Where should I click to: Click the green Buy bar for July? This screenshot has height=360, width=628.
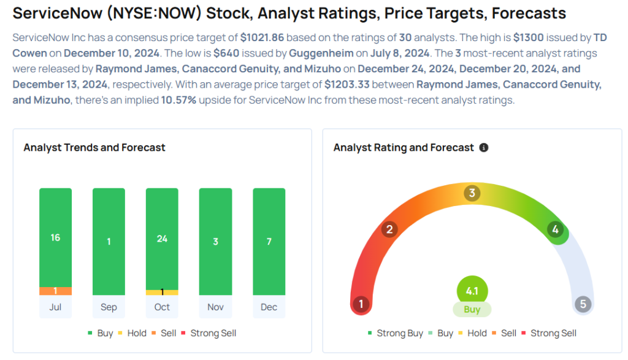[55, 237]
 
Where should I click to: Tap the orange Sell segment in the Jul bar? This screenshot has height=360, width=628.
[55, 291]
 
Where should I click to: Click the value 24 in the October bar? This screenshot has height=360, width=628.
[162, 239]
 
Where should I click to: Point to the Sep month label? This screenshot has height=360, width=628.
[109, 307]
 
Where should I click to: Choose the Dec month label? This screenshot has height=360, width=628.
[269, 307]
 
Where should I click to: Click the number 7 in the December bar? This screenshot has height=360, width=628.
[269, 242]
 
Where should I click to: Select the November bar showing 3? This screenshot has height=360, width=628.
[215, 242]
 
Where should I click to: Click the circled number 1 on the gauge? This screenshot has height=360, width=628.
[361, 304]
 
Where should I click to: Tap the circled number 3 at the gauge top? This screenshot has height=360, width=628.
[472, 194]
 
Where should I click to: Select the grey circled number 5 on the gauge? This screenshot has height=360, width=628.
[583, 304]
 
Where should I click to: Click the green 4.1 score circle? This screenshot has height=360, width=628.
[472, 291]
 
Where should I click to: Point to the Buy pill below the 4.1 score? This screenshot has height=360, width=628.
[472, 310]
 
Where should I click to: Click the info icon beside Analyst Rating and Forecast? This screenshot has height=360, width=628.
[484, 148]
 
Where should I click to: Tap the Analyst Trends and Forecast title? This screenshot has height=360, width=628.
[94, 148]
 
